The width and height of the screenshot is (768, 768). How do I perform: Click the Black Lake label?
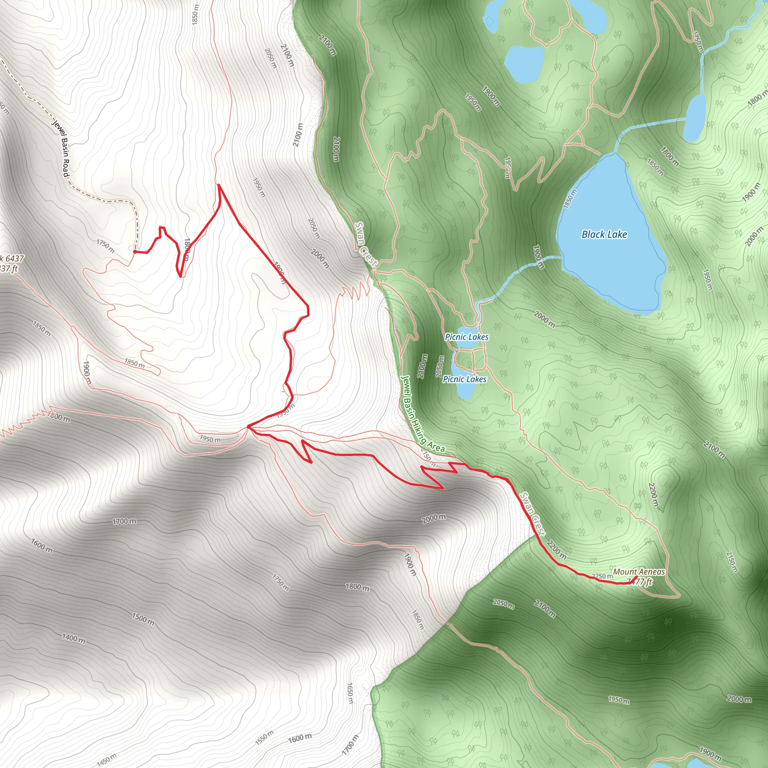(x=604, y=234)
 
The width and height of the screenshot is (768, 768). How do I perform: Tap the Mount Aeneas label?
(x=639, y=571)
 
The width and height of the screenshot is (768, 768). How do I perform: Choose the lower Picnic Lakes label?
(x=464, y=379)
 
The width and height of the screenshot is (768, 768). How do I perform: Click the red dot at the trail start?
(x=135, y=252)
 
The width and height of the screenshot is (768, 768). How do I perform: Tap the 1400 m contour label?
(x=73, y=638)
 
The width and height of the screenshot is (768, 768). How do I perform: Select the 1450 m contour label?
(x=107, y=759)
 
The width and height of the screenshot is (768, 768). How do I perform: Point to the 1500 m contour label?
(x=143, y=619)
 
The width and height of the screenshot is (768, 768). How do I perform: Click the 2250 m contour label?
(x=602, y=576)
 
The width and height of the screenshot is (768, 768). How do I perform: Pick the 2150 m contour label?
(x=732, y=562)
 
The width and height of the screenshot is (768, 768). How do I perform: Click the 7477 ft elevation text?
(x=640, y=582)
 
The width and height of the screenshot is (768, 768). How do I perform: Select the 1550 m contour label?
(x=264, y=737)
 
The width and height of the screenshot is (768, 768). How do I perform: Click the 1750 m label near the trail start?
(x=105, y=246)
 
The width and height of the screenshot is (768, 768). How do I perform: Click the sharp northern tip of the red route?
(x=219, y=185)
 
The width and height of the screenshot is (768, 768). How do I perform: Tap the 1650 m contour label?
(x=350, y=693)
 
